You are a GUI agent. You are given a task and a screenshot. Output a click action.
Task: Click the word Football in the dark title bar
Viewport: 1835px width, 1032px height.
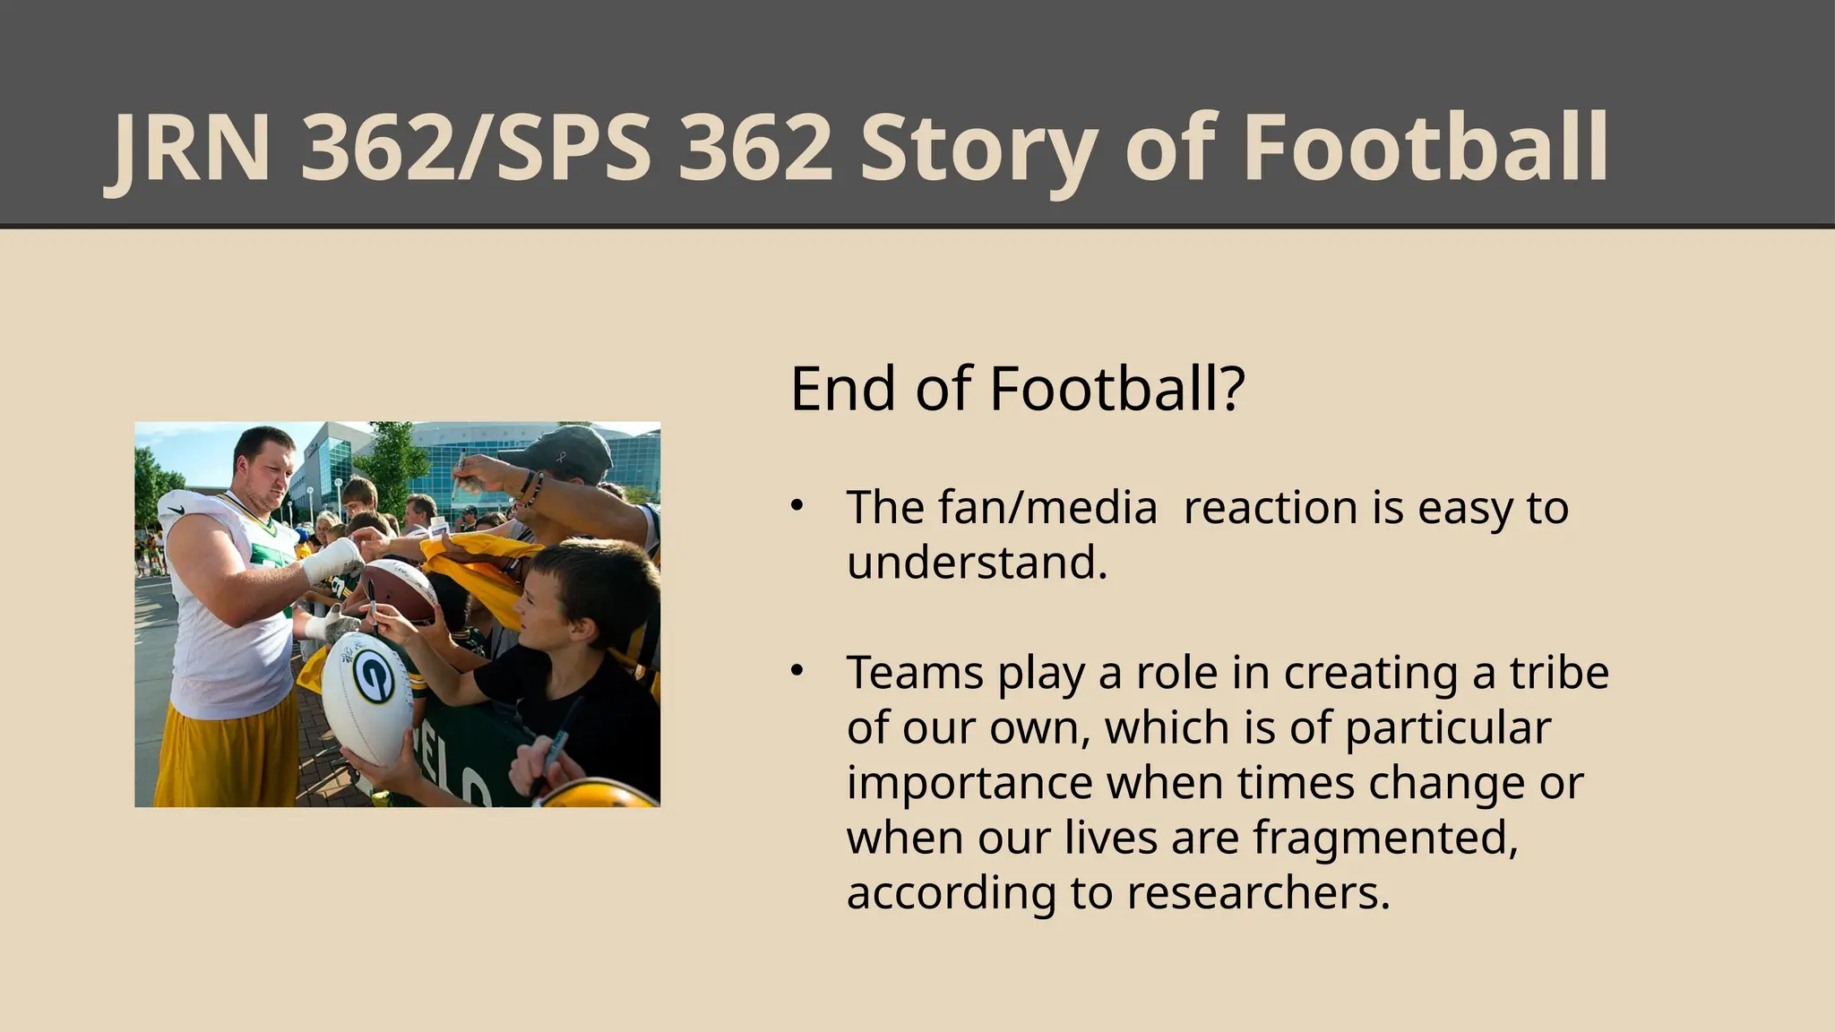(1425, 149)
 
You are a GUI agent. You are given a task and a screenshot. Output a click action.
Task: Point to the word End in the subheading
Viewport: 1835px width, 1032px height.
(843, 389)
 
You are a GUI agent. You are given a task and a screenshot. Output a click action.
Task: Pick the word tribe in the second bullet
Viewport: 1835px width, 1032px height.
(1559, 673)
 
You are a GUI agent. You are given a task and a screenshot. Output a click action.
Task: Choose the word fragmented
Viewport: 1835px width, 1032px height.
(1384, 838)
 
